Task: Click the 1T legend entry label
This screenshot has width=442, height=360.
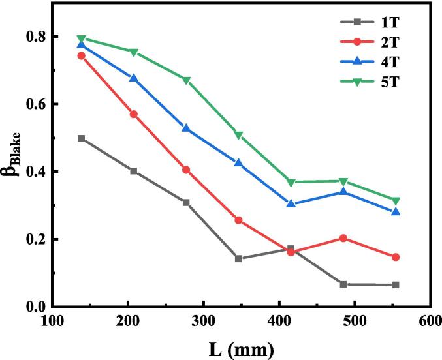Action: (390, 22)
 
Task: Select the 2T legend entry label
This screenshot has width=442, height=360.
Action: (390, 42)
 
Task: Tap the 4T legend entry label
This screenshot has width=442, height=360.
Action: (390, 62)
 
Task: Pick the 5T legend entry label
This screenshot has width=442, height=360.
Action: (390, 82)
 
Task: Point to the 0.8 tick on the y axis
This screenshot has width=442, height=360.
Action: (36, 37)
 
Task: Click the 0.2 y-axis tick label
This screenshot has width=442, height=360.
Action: (36, 239)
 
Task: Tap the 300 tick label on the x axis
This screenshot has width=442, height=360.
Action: (204, 321)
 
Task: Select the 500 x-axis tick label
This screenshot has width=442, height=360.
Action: (354, 321)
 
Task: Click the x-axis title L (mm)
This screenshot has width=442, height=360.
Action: (242, 349)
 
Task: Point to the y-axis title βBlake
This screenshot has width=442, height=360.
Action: (12, 155)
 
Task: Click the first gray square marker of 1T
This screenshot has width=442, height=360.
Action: (81, 138)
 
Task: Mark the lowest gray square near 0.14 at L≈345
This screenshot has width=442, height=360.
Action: (238, 259)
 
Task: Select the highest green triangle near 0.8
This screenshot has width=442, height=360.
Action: (81, 38)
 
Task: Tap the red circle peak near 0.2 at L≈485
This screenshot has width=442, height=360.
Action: (343, 238)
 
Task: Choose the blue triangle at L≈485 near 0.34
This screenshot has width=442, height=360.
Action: (343, 192)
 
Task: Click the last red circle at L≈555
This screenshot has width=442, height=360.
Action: (396, 257)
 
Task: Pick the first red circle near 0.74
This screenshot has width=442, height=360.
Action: (81, 56)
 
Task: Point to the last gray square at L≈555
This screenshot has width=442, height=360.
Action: (396, 285)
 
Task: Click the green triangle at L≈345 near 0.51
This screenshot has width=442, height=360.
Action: (238, 136)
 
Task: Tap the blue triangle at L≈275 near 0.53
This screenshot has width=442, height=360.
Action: (186, 128)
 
